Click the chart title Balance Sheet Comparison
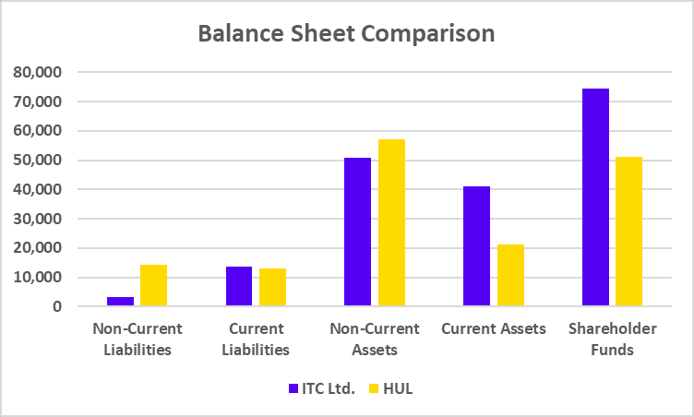pos(347,34)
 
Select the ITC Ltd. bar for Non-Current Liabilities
pos(120,302)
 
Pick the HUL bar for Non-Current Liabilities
pos(153,285)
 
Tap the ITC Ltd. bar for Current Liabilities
pos(239,286)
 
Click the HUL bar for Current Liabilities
pos(272,287)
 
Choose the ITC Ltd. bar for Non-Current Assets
pos(357,232)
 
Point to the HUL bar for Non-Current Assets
pos(391,222)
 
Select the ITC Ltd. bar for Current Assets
pos(476,246)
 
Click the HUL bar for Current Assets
pos(510,275)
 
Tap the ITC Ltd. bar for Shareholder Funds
pos(595,197)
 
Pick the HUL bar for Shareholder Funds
pos(628,232)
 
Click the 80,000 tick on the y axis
pos(36,72)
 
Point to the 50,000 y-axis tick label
pos(36,161)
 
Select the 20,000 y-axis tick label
pos(36,248)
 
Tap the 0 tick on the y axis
pos(56,306)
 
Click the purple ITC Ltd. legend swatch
pos(293,388)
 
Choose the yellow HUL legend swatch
pos(374,388)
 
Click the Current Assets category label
pos(493,329)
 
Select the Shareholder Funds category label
pos(612,339)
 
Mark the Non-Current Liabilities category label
pos(137,339)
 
